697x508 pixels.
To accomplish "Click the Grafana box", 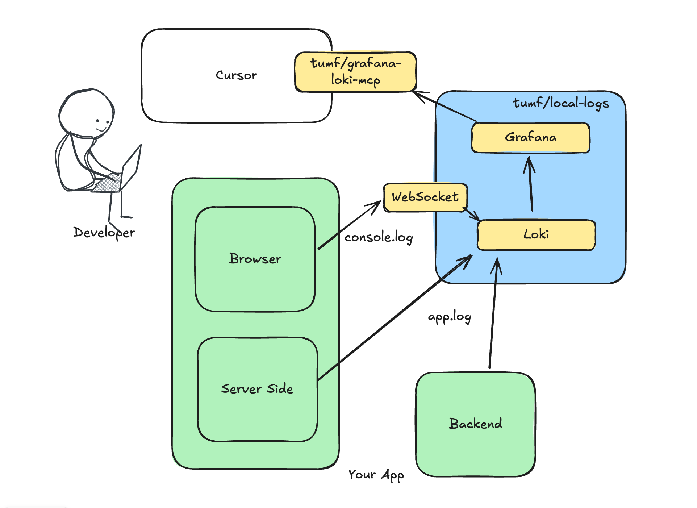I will pos(530,138).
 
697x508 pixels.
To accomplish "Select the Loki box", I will pos(536,235).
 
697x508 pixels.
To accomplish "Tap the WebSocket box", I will pos(425,197).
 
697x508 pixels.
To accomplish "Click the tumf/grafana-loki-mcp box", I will pos(355,72).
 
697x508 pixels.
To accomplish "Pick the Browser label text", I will pos(255,259).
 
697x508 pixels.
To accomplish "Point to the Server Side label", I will pos(257,389).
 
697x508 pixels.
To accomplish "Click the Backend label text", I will pos(475,424).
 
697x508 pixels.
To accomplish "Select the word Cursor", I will pos(236,75).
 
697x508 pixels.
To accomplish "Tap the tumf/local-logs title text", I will pos(561,103).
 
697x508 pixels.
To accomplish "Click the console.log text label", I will pos(379,237).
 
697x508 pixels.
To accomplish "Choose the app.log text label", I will pos(450,317).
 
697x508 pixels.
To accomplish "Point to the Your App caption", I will pos(376,475).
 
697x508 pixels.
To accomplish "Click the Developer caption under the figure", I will pos(104,232).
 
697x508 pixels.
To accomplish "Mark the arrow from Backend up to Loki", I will pos(493,315).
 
